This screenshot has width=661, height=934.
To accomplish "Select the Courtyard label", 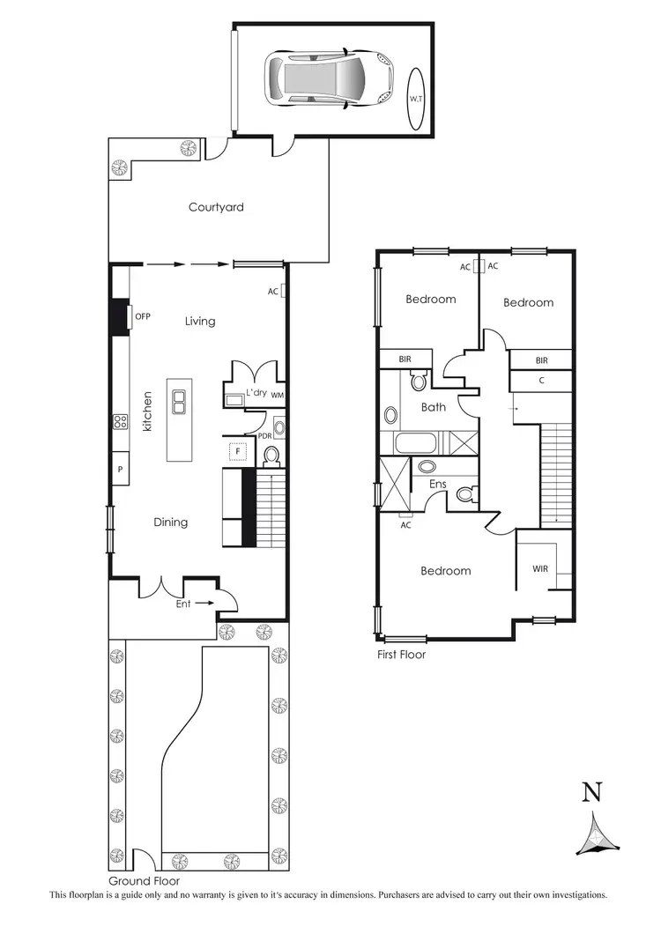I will pos(216,208).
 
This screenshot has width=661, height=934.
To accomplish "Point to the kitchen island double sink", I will pos(180,403).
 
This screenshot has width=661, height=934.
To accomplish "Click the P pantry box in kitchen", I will pos(120,470).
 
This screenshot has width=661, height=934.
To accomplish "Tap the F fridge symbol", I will pos(236,452).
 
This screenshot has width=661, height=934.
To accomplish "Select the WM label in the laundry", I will pos(278,395).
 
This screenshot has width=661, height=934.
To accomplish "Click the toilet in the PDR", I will pos(272,455).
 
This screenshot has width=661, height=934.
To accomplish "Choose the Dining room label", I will pos(171,523).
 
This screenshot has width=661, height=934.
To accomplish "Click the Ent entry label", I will pos(183,604).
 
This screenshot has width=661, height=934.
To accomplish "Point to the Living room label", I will pos(200,322).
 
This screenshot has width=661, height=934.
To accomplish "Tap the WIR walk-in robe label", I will pos(540,569).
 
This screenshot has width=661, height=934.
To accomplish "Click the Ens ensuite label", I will pos(438,484).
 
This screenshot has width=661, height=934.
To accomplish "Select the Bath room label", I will pos(434,407).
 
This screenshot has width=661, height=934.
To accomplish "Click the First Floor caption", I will pos(400,655).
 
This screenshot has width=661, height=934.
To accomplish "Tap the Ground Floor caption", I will pos(145,881).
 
